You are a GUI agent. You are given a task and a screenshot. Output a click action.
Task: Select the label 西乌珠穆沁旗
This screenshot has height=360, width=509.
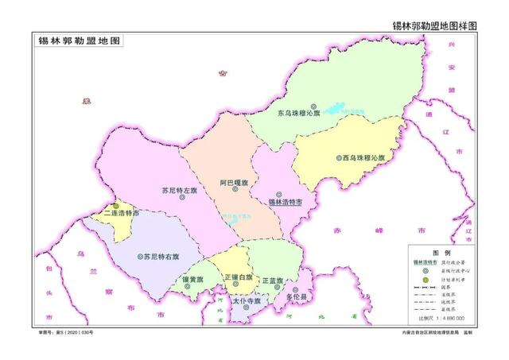(x=363, y=158)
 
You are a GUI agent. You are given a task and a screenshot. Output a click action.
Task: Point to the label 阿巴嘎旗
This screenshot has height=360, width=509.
(x=233, y=183)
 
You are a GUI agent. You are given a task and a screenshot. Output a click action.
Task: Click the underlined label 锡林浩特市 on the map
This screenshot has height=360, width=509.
(x=284, y=203)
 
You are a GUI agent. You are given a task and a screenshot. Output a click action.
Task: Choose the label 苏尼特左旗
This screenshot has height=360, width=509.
(x=178, y=191)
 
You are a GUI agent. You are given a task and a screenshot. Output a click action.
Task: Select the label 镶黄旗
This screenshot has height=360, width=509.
(x=193, y=281)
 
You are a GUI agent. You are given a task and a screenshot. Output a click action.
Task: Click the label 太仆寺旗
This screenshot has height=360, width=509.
(x=247, y=303)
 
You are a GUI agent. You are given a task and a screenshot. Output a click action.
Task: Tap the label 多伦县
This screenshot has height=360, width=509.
(x=296, y=297)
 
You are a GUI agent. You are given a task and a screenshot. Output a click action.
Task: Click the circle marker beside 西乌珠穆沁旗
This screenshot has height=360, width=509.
(x=339, y=158)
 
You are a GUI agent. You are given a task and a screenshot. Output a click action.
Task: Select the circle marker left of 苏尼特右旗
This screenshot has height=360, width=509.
(x=139, y=257)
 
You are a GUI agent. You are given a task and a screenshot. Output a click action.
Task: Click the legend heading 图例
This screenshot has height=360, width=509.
(x=441, y=250)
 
